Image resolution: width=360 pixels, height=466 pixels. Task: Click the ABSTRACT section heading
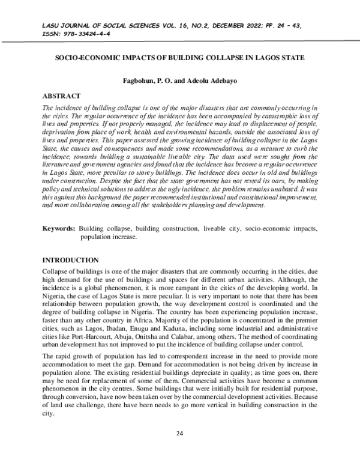(62, 95)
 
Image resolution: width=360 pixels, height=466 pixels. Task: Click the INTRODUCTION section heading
(70, 260)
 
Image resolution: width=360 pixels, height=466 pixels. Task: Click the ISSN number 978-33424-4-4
(89, 34)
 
